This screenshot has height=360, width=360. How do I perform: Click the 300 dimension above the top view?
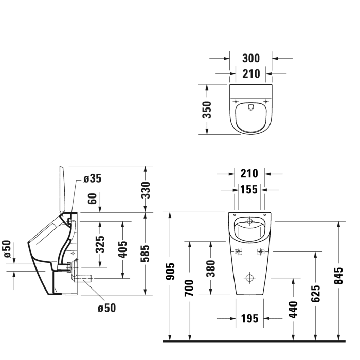(250, 58)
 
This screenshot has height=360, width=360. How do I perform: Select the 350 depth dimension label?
(207, 110)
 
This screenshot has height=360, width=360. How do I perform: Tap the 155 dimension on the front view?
(249, 190)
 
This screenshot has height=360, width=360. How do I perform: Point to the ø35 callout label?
(92, 178)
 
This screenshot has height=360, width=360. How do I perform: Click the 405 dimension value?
(122, 250)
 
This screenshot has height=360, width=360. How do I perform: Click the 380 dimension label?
(211, 267)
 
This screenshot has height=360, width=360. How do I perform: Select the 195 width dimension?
(249, 319)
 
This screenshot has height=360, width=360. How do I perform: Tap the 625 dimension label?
(316, 293)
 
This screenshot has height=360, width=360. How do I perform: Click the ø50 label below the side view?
(106, 308)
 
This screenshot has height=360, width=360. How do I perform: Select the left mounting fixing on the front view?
(238, 251)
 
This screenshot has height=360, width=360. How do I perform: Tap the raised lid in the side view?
(65, 189)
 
